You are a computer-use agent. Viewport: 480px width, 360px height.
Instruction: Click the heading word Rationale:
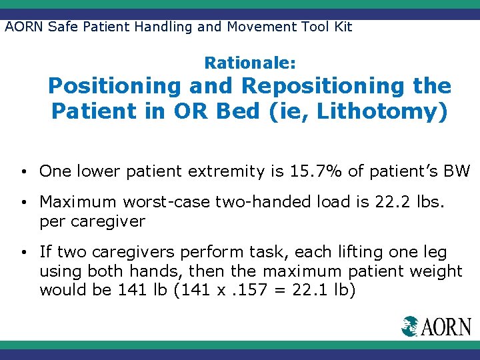[x=250, y=63]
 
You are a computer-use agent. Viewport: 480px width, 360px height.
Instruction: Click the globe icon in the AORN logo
[x=409, y=326]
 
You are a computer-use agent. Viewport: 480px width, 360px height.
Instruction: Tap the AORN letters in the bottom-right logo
[x=446, y=327]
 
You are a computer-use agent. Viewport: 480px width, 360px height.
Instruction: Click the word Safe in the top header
[x=58, y=27]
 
